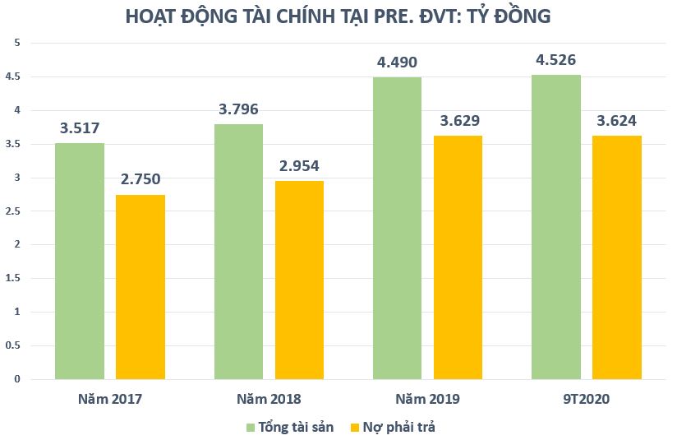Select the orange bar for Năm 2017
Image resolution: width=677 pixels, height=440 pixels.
(x=140, y=287)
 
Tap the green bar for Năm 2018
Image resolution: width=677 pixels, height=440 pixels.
(x=238, y=252)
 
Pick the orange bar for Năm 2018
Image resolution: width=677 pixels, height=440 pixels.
(x=299, y=280)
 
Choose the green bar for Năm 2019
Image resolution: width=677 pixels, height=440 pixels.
(x=397, y=229)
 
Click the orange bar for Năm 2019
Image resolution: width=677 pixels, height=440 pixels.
(x=458, y=257)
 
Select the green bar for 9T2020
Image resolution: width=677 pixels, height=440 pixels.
(x=556, y=227)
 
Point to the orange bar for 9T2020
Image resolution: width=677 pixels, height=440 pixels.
(x=617, y=257)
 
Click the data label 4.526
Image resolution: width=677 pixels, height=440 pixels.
(x=556, y=59)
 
